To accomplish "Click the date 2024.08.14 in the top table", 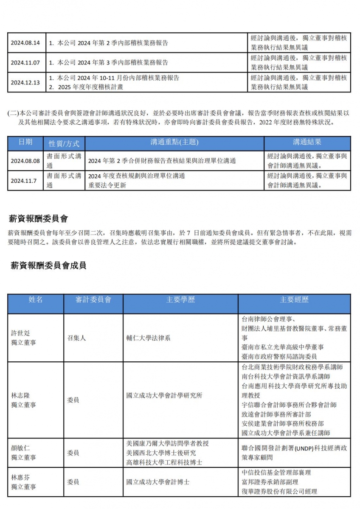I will (x=25, y=43).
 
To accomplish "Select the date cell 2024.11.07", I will (x=25, y=63).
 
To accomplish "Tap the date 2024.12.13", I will (x=25, y=82).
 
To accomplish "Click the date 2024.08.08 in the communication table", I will (x=25, y=161).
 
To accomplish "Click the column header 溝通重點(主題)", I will (x=174, y=142).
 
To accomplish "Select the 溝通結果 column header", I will (x=307, y=142).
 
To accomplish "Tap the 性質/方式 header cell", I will (x=64, y=143).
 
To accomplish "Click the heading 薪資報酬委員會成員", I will (x=48, y=266).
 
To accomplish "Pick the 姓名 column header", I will (x=36, y=300).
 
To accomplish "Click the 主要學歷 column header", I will (x=180, y=300).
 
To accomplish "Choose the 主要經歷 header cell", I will (x=294, y=300).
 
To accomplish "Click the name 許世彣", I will (x=21, y=333).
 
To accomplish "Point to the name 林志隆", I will (x=21, y=395).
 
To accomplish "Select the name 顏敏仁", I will (x=21, y=448).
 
